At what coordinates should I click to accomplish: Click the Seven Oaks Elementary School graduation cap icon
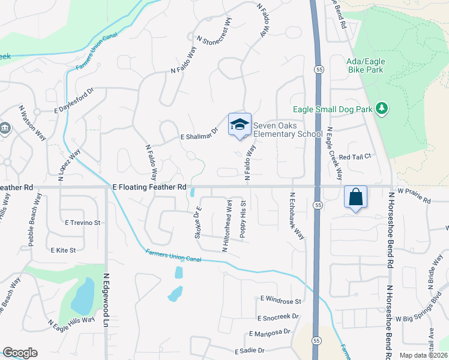240,125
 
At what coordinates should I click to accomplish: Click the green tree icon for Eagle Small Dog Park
381,108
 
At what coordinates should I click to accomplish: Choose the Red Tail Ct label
356,157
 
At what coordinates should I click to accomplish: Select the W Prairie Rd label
414,196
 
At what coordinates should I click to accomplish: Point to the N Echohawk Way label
296,216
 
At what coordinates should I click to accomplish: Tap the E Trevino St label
83,223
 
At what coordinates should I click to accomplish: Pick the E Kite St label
64,250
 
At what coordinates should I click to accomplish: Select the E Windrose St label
280,299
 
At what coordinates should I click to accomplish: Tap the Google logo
20,353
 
